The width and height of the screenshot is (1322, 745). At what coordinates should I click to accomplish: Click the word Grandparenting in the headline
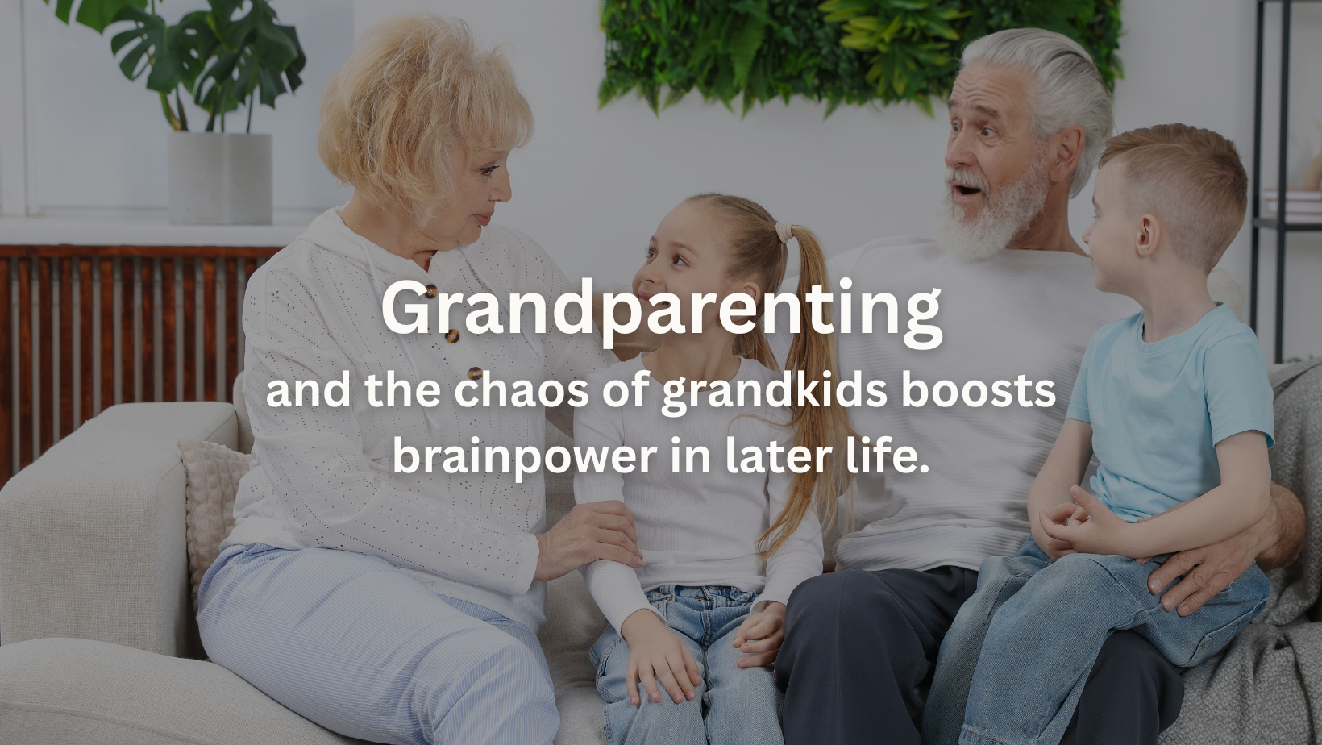click(x=661, y=308)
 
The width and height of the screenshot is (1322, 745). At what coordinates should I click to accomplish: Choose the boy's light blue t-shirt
click(x=1169, y=411)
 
